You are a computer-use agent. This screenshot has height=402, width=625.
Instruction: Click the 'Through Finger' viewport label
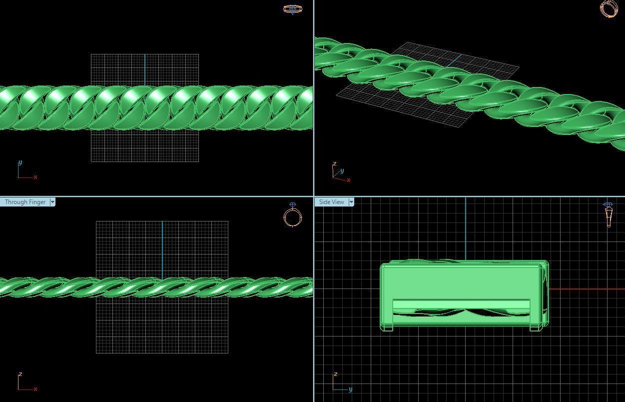pyautogui.click(x=25, y=202)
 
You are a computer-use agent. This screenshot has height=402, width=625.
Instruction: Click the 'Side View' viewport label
pyautogui.click(x=331, y=202)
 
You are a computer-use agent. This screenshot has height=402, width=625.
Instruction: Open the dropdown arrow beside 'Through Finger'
pyautogui.click(x=52, y=202)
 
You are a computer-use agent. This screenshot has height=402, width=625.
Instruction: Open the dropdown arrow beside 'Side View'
pyautogui.click(x=351, y=202)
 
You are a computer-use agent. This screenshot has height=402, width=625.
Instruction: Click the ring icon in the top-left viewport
pyautogui.click(x=292, y=9)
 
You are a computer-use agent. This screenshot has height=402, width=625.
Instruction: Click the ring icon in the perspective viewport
pyautogui.click(x=609, y=9)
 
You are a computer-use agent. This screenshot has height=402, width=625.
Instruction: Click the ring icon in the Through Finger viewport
pyautogui.click(x=293, y=215)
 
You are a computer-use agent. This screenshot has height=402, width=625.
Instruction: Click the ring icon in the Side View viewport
pyautogui.click(x=608, y=214)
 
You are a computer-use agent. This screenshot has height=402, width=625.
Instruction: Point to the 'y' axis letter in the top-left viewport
pyautogui.click(x=20, y=162)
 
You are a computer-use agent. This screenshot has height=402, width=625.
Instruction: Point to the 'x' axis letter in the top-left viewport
pyautogui.click(x=35, y=177)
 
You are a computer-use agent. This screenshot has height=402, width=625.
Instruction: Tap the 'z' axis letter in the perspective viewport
pyautogui.click(x=334, y=163)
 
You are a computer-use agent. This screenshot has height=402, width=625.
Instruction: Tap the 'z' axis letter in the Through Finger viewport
pyautogui.click(x=20, y=374)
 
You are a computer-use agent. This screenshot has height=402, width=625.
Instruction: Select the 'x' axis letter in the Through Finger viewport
pyautogui.click(x=35, y=389)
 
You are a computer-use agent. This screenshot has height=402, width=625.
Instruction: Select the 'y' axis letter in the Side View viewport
pyautogui.click(x=350, y=389)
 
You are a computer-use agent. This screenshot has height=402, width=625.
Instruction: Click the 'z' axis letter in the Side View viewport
pyautogui.click(x=335, y=374)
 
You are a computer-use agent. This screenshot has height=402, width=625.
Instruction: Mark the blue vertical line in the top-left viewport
pyautogui.click(x=145, y=70)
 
